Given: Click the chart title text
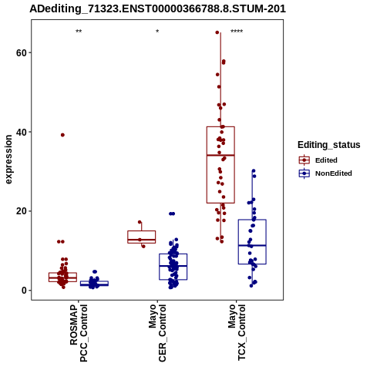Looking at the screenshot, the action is (157, 9).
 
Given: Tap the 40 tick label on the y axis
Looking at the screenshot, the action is (21, 132).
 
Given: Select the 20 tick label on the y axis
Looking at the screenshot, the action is (21, 211).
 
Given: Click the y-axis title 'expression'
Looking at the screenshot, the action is (8, 160).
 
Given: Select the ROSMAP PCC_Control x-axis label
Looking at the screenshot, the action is (79, 333).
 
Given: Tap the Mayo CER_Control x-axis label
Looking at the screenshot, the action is (157, 333).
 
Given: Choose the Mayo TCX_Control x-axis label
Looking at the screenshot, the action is (237, 332).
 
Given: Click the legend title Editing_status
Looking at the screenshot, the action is (329, 145).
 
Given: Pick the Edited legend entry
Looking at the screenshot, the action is (318, 160).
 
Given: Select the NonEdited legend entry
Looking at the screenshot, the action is (325, 173).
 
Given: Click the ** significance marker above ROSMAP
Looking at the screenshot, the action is (79, 32).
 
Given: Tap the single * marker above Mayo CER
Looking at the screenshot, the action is (157, 32).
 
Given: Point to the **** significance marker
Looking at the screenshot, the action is (237, 32).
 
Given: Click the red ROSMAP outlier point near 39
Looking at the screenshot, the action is (62, 135).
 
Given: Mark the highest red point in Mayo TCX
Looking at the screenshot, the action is (217, 32).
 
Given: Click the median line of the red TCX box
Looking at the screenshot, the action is (220, 155).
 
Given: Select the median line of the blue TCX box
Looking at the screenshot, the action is (252, 246).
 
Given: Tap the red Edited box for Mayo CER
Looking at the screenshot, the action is (142, 231).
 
